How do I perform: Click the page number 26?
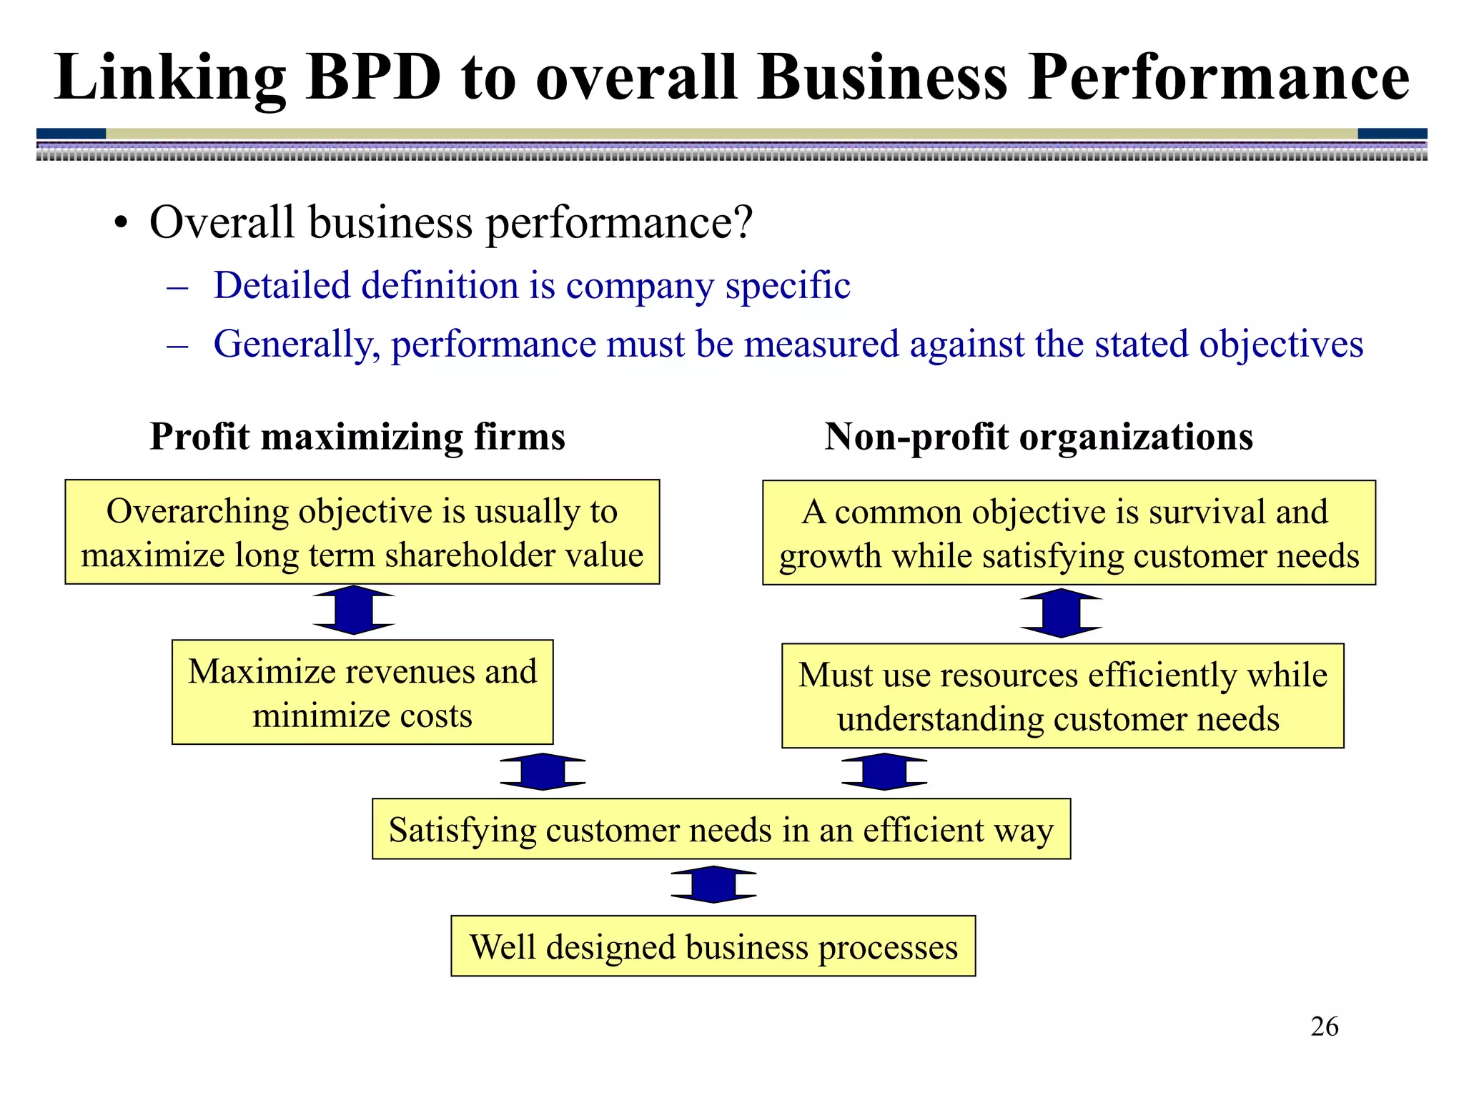(1324, 1027)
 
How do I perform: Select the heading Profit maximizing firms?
(357, 436)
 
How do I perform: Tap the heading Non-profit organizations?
(1038, 436)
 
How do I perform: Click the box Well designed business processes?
(713, 946)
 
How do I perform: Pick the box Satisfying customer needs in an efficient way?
(721, 829)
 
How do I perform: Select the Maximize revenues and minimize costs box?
(362, 692)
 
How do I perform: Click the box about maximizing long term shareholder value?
(362, 532)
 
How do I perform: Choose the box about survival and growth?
(1069, 533)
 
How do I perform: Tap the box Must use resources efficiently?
(1062, 696)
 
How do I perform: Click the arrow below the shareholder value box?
(354, 610)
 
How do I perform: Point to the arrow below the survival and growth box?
(1061, 613)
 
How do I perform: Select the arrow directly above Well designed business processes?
(713, 884)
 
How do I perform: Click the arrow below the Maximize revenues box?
(543, 771)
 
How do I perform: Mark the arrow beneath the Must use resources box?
(884, 771)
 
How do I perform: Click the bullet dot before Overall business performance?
(121, 223)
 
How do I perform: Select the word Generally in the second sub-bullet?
(296, 344)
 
